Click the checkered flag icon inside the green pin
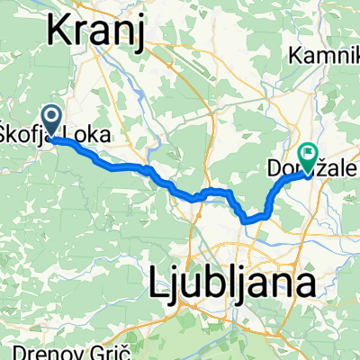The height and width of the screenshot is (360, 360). (309, 154)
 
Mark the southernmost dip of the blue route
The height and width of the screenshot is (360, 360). (250, 218)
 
